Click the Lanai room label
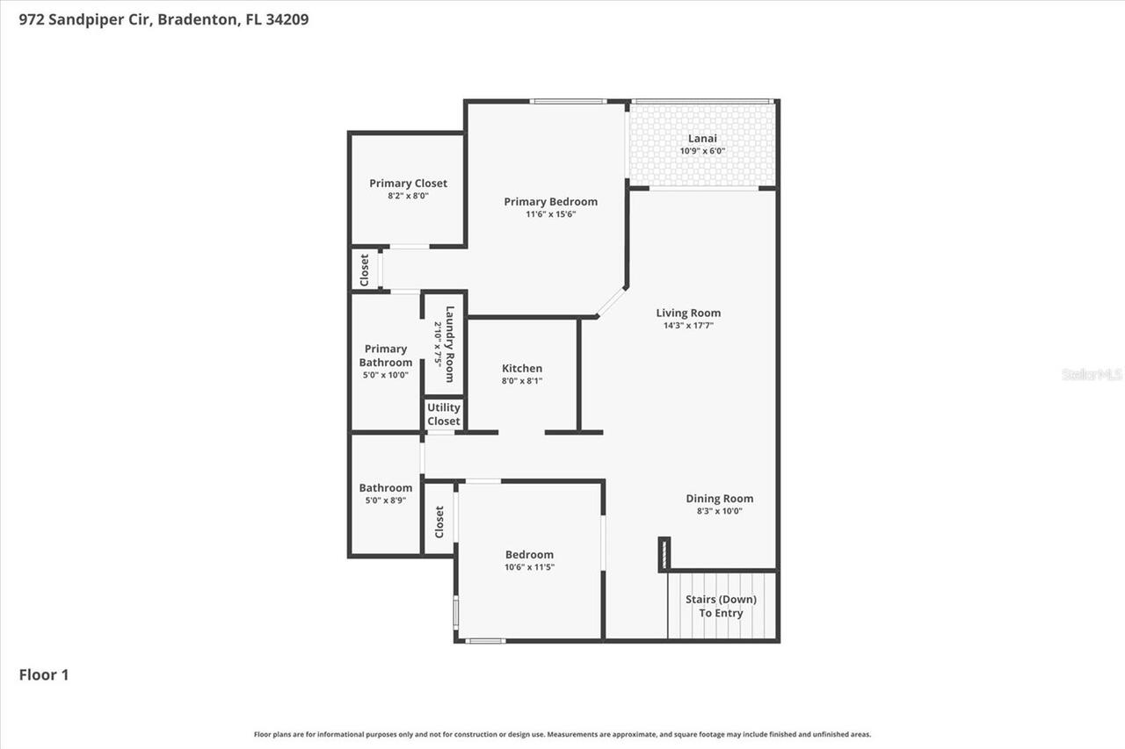[x=702, y=138]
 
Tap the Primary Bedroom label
[x=550, y=202]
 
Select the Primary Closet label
[x=408, y=184]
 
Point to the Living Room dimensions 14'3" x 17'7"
[x=688, y=326]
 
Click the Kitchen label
[x=522, y=369]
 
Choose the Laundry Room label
[x=449, y=344]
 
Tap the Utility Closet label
[x=444, y=414]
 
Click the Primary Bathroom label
[x=386, y=356]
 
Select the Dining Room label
[x=720, y=499]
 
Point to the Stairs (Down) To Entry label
[x=721, y=606]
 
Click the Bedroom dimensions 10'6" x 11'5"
[x=529, y=567]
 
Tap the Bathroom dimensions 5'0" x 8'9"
[x=385, y=501]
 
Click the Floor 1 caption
[x=44, y=675]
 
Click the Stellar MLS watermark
[x=1092, y=374]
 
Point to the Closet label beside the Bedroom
[x=439, y=522]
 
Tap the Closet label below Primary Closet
[x=365, y=270]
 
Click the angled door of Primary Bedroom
[x=610, y=302]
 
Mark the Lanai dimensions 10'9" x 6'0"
[x=702, y=151]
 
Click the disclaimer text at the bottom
[x=562, y=734]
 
